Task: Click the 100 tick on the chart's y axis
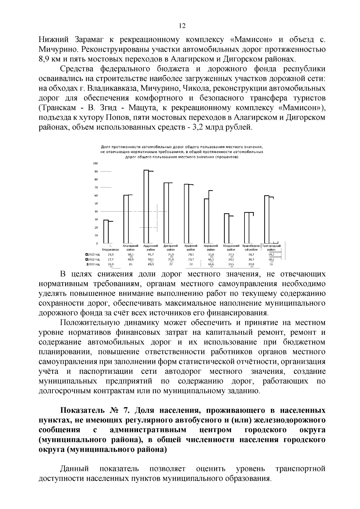pos(95,163)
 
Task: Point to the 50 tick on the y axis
pos(96,203)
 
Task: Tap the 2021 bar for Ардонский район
pos(146,207)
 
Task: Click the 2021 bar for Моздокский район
pos(227,228)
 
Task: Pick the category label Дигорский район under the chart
pos(171,247)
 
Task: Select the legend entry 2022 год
pos(93,259)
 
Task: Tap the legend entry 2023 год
pos(93,264)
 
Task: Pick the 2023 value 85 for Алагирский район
pos(130,264)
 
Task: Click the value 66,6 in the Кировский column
pos(211,264)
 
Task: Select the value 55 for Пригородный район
pos(271,264)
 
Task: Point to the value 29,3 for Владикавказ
pos(110,254)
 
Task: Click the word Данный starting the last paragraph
pos(75,469)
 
